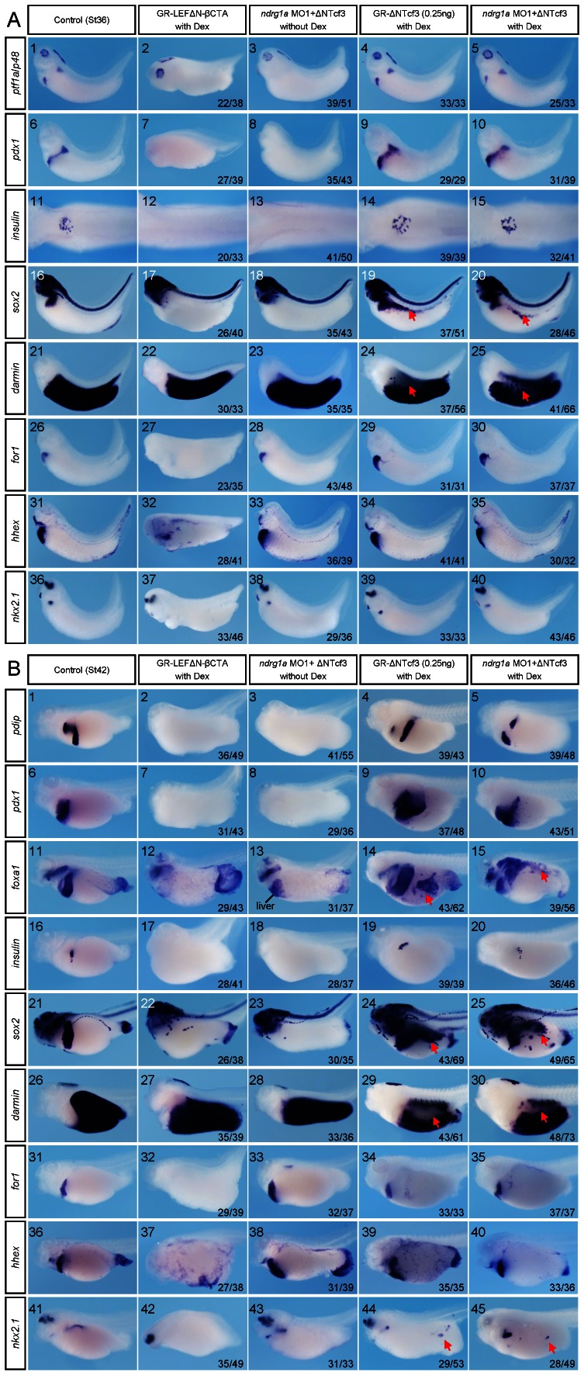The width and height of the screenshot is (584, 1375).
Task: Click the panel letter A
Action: tap(12, 19)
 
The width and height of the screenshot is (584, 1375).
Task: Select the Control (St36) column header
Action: tap(81, 20)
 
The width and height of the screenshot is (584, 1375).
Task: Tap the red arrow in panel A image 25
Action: tap(526, 396)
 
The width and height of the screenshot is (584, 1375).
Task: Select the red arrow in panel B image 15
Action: tap(544, 875)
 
